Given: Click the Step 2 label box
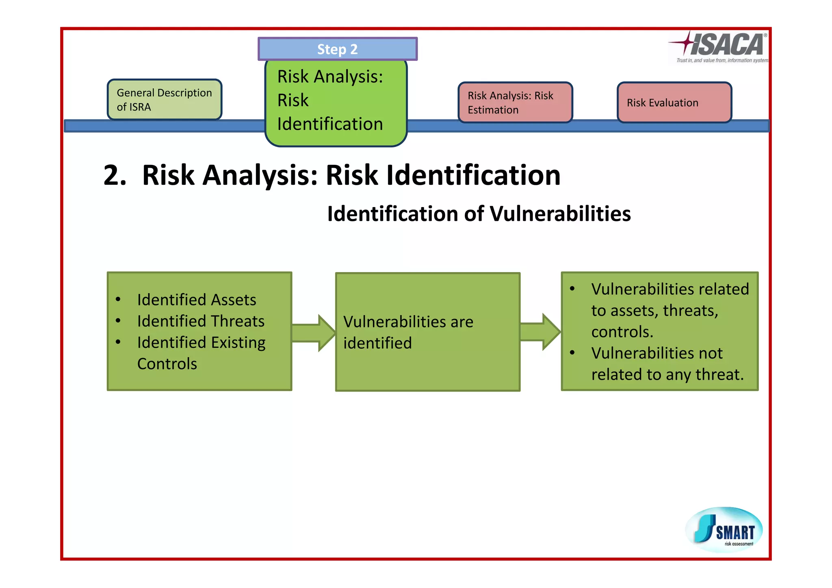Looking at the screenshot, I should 337,49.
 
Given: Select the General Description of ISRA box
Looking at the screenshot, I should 165,99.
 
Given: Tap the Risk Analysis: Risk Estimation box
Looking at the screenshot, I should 515,102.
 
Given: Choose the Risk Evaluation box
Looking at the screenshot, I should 674,102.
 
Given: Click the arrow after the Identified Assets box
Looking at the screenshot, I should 313,333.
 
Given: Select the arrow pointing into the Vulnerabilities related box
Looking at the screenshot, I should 540,332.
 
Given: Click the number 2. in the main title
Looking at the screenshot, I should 115,175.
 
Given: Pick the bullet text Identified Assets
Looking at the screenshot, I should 197,300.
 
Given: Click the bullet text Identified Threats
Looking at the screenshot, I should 201,321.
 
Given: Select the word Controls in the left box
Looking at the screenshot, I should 167,364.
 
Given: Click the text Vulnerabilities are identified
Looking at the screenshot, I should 408,332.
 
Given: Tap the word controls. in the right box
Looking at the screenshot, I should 622,332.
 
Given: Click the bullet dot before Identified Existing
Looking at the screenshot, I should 118,342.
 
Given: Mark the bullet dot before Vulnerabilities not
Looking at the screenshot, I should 572,353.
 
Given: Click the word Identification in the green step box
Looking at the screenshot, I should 330,124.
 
